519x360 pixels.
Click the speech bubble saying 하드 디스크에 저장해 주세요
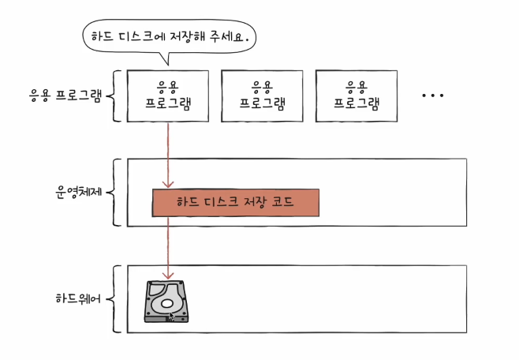tap(170, 35)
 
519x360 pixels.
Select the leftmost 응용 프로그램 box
tap(168, 95)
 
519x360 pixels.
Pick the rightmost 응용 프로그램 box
tap(357, 95)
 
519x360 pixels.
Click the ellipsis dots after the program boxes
tap(433, 96)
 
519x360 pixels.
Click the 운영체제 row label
tap(77, 192)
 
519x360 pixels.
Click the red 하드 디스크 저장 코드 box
tap(235, 203)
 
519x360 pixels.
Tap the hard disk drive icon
tap(167, 302)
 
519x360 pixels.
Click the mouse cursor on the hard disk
tap(172, 317)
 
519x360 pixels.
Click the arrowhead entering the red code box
tap(168, 185)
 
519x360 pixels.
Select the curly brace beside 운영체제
tap(114, 192)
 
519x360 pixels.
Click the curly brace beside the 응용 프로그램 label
tap(114, 96)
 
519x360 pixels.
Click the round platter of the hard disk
tap(166, 301)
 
